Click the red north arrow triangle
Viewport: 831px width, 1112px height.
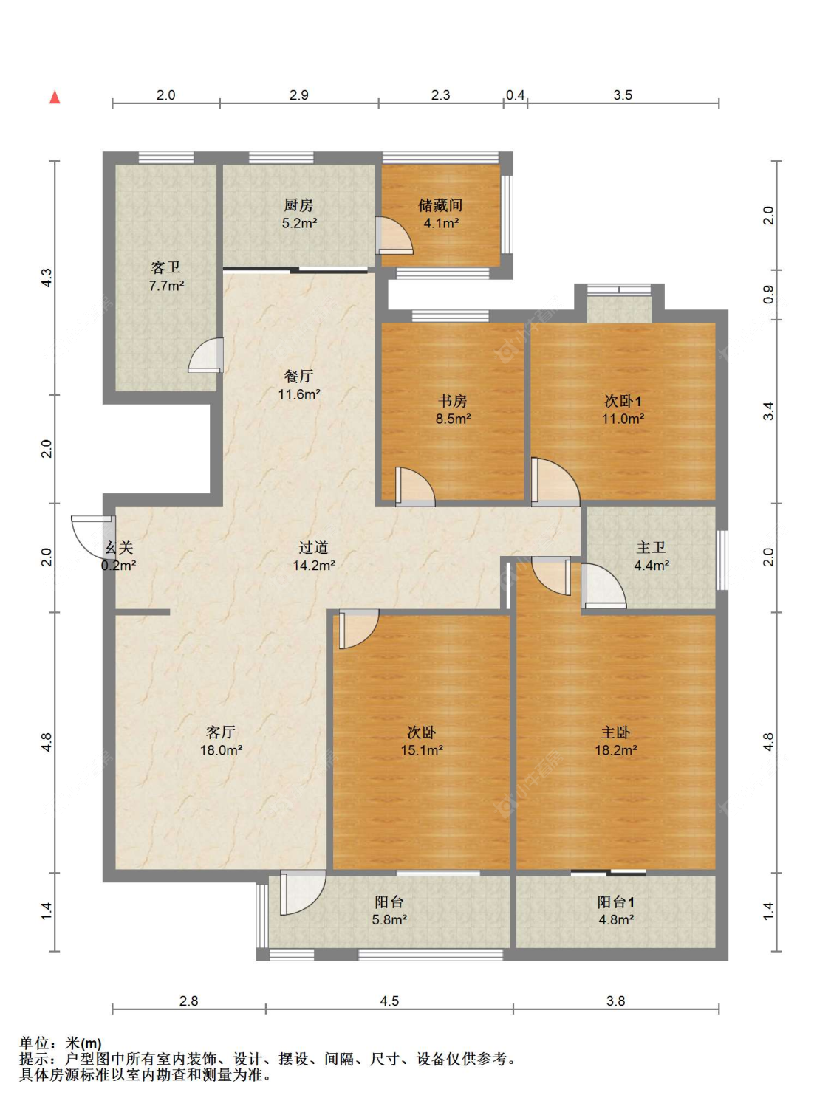click(55, 97)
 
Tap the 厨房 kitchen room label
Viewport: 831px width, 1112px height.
click(298, 205)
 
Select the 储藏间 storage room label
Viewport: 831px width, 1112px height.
click(440, 205)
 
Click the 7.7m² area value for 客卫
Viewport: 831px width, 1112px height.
click(166, 286)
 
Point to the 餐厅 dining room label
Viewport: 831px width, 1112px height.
click(298, 377)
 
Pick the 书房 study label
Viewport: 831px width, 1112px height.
click(453, 401)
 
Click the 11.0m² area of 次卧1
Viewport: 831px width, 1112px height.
click(623, 419)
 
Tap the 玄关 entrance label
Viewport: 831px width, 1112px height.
click(119, 548)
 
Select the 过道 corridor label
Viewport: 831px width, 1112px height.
click(314, 548)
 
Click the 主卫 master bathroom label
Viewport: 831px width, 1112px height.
click(651, 548)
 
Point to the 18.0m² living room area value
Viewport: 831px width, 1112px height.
click(221, 750)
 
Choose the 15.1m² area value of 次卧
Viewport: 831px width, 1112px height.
click(422, 750)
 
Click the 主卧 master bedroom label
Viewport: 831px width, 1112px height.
click(615, 732)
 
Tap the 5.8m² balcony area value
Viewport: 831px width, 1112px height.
click(390, 919)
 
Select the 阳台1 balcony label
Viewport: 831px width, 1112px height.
click(615, 902)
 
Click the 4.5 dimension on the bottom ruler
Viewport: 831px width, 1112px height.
click(389, 1001)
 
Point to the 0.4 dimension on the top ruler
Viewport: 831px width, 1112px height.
click(516, 95)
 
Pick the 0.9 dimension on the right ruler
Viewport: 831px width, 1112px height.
click(769, 295)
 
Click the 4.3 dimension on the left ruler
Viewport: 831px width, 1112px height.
click(47, 278)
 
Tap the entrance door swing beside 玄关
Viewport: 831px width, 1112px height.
click(89, 536)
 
